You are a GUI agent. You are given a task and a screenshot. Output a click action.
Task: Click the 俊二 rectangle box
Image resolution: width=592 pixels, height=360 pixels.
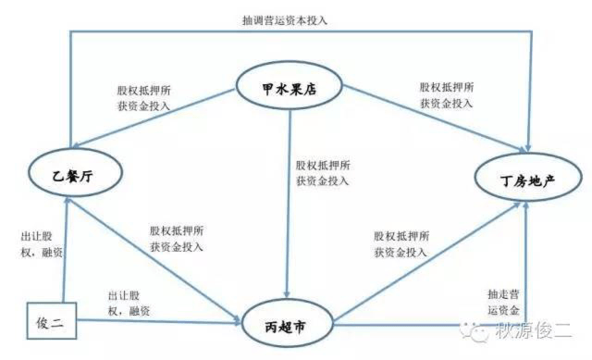pos(52,320)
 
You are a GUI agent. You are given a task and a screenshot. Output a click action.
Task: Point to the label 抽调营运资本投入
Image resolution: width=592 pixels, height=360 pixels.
pos(284,20)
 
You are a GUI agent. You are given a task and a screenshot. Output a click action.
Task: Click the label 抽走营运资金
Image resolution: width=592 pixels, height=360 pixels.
pos(503,302)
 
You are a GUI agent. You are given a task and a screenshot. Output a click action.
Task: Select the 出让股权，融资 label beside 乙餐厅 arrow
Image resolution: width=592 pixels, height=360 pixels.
pos(41,244)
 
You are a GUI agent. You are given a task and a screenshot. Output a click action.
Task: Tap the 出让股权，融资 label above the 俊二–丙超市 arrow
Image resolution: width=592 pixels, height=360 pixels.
pos(129,303)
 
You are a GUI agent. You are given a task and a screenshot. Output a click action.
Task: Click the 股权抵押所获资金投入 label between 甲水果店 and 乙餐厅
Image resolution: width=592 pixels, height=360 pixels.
pos(143,98)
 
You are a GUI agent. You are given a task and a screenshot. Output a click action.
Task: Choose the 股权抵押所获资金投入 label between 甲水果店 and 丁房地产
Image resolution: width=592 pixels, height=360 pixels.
pos(446,94)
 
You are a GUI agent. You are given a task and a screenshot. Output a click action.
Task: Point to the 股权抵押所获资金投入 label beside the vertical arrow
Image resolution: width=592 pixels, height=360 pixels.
pos(323,173)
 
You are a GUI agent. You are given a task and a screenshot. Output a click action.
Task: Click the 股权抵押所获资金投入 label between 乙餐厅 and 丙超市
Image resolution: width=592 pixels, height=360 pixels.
pos(177,239)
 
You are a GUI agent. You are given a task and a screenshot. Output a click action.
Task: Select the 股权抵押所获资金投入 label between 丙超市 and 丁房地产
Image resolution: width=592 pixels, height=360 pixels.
pos(401,244)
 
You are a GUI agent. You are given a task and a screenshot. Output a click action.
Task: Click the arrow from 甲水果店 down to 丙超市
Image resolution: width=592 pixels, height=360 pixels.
pos(289,204)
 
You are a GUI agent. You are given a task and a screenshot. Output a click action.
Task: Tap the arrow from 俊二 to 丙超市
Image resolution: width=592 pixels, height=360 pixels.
pos(159,321)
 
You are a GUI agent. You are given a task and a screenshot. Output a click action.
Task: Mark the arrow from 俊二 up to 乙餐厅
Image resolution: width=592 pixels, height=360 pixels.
pos(66,249)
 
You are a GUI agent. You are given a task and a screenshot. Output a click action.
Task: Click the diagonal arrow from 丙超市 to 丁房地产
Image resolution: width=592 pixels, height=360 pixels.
pos(427,261)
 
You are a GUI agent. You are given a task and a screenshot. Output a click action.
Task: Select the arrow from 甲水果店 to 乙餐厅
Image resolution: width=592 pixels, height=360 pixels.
pos(154,118)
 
